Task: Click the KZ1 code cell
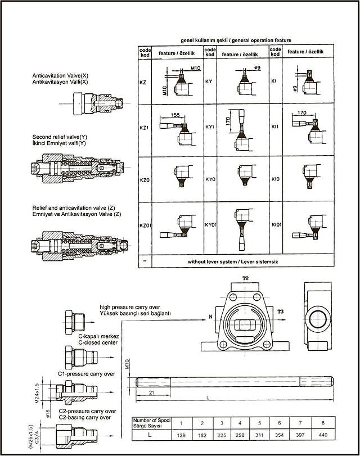point(143,128)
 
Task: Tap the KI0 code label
point(276,180)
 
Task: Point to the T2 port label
point(245,278)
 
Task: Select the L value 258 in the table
point(240,436)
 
